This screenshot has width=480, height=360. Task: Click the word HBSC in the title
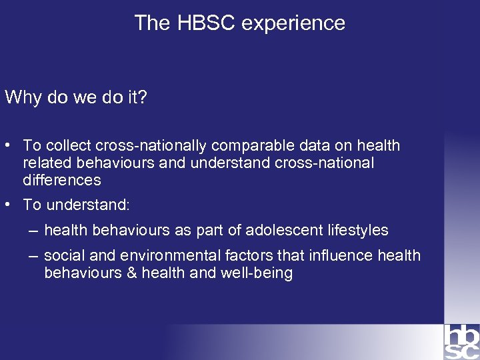coord(206,23)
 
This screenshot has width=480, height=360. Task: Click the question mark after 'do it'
coord(142,97)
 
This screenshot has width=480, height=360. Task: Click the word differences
coord(61,180)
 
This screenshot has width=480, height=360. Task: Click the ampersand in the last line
coord(129,273)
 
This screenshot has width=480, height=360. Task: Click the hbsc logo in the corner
coord(461,341)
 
